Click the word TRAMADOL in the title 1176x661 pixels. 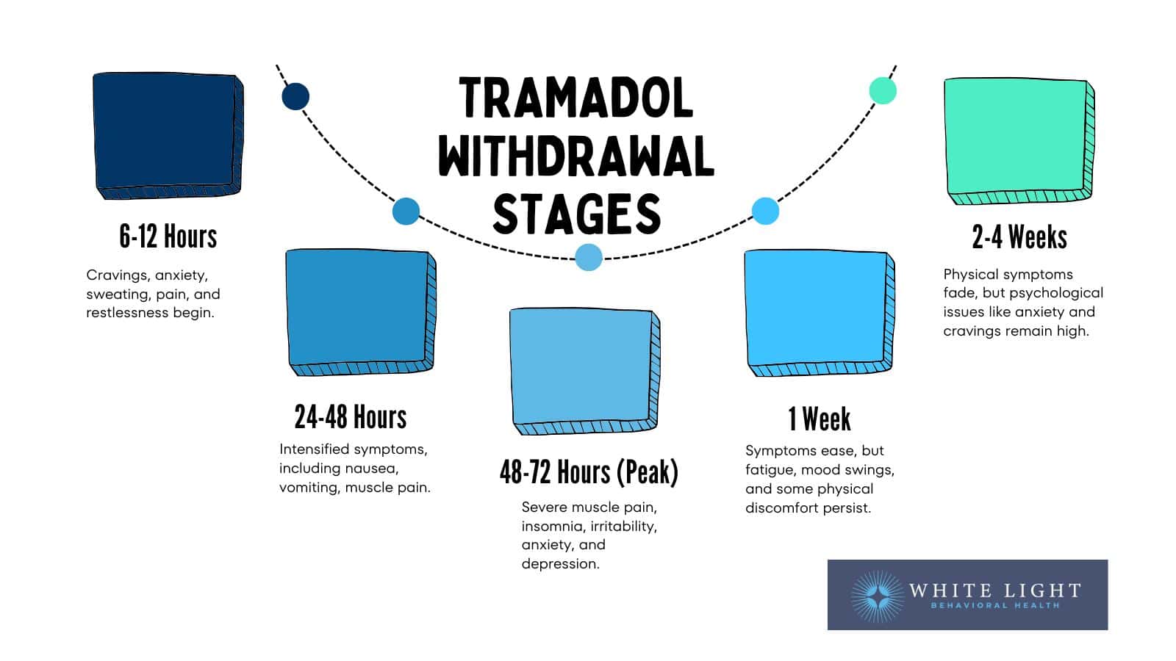pyautogui.click(x=576, y=98)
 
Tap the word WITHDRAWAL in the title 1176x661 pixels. pyautogui.click(x=576, y=156)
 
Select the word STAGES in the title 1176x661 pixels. pyautogui.click(x=576, y=214)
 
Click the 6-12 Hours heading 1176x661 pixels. pyautogui.click(x=168, y=237)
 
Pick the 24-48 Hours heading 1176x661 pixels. pyautogui.click(x=351, y=417)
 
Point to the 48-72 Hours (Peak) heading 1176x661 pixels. pyautogui.click(x=589, y=472)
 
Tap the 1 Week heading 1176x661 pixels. pyautogui.click(x=820, y=419)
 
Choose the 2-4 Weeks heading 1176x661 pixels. pyautogui.click(x=1019, y=237)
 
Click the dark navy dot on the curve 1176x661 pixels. pyautogui.click(x=295, y=96)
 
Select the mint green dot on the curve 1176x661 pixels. pyautogui.click(x=882, y=90)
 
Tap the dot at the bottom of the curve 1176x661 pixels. pyautogui.click(x=589, y=257)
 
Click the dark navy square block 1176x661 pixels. pyautogui.click(x=167, y=134)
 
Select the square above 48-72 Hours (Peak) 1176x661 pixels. pyautogui.click(x=584, y=369)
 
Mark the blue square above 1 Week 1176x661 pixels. pyautogui.click(x=818, y=311)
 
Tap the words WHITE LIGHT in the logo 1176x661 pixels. pyautogui.click(x=994, y=590)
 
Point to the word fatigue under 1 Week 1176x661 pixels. pyautogui.click(x=769, y=469)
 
